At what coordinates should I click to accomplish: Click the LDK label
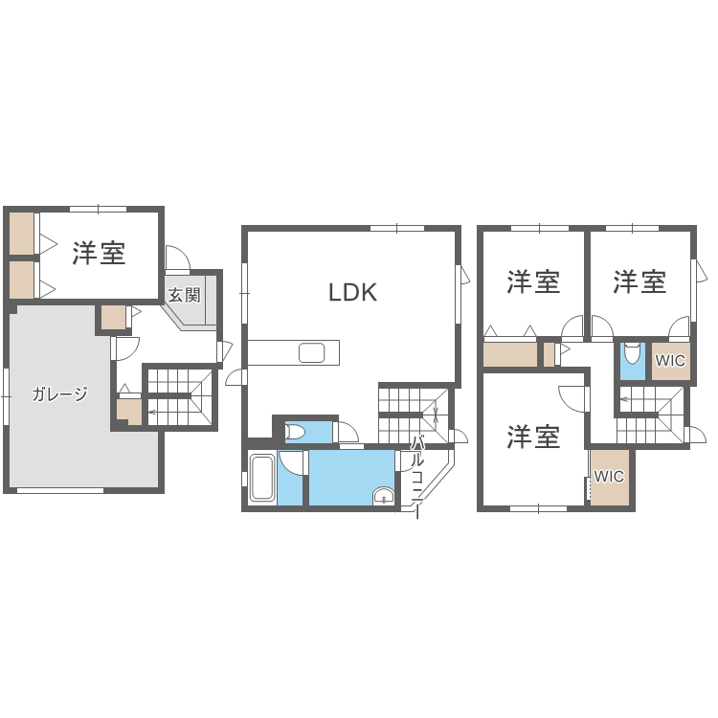[352, 292]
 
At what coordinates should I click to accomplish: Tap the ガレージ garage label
[59, 393]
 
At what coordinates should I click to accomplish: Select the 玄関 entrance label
[184, 295]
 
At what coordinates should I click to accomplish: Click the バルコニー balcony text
[416, 477]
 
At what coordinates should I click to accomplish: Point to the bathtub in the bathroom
[262, 478]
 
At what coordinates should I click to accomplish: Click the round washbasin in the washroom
[383, 496]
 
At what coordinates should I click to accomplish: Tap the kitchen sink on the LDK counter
[312, 353]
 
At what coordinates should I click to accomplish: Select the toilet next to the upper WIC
[633, 353]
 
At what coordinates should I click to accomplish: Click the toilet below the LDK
[296, 432]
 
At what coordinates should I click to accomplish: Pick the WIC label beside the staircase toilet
[670, 361]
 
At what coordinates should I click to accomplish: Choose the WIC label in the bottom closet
[609, 477]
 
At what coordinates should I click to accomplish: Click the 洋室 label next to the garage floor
[99, 253]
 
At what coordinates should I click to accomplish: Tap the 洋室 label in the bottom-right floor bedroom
[533, 436]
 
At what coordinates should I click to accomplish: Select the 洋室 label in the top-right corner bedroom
[639, 281]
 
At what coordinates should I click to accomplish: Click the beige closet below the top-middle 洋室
[510, 354]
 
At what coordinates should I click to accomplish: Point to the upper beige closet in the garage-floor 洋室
[22, 234]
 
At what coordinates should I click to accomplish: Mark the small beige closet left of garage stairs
[129, 412]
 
